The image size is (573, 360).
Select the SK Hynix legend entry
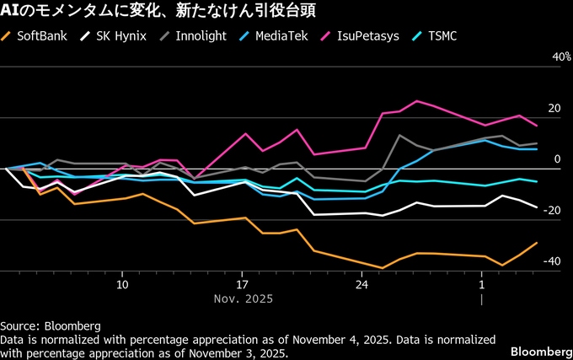(115, 37)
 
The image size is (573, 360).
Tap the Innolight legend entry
(195, 37)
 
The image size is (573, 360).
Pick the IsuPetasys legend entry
(360, 37)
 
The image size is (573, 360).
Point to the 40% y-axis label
(550, 56)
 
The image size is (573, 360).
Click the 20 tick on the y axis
(554, 109)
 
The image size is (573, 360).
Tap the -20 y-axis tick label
(551, 211)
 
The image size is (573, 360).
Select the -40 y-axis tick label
(551, 261)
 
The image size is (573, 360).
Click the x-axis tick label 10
(123, 284)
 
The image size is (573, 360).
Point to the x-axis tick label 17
(243, 284)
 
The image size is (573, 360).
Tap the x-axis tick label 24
(361, 284)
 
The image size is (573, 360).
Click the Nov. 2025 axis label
(243, 298)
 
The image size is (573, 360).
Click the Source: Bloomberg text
(51, 325)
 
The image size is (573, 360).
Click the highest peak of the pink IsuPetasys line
(417, 101)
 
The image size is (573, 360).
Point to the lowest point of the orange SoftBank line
(383, 268)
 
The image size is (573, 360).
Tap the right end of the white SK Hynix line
(537, 207)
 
